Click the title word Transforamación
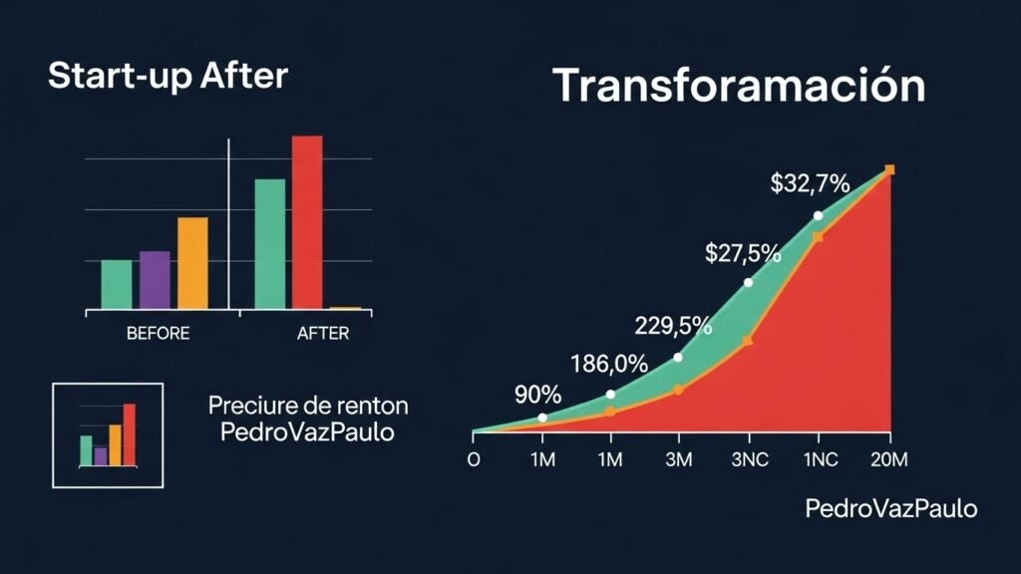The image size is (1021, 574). click(x=739, y=86)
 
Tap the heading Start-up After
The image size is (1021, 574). click(x=168, y=76)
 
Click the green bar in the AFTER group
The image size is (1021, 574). click(x=270, y=244)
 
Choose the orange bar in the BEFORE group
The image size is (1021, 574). click(x=193, y=263)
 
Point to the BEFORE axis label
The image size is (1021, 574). click(x=158, y=334)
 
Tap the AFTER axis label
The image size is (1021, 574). click(x=323, y=334)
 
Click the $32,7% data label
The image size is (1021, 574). click(x=810, y=183)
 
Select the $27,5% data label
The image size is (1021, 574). click(x=743, y=253)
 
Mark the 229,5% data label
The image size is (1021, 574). click(x=673, y=326)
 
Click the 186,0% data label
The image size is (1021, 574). click(x=608, y=363)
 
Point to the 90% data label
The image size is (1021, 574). click(x=537, y=395)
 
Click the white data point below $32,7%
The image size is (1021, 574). click(x=818, y=215)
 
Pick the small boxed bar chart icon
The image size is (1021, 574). click(x=108, y=435)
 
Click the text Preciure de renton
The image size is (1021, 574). click(x=308, y=407)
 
